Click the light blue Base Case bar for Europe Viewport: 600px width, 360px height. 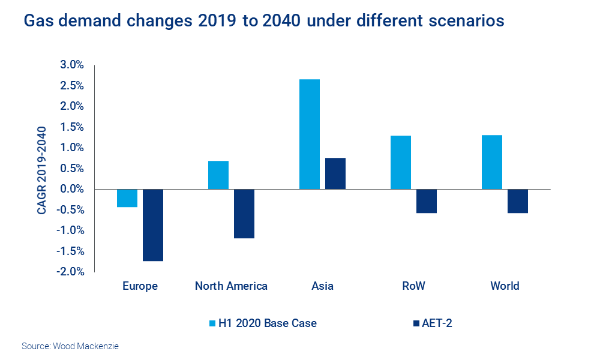click(x=127, y=198)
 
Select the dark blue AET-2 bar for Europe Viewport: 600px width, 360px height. click(x=152, y=225)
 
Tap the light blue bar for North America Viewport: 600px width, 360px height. click(x=218, y=175)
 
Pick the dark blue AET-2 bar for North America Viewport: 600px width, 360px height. click(x=244, y=214)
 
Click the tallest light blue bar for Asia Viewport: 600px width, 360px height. click(x=309, y=134)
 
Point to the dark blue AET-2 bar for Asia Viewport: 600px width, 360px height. click(x=335, y=173)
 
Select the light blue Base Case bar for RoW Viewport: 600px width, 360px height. click(x=400, y=163)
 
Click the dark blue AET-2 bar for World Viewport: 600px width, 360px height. click(x=517, y=201)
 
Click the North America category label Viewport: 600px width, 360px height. click(x=231, y=286)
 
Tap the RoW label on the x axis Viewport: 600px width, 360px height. click(x=413, y=286)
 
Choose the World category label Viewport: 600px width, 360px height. click(x=505, y=286)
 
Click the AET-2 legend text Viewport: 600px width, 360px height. click(x=440, y=323)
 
